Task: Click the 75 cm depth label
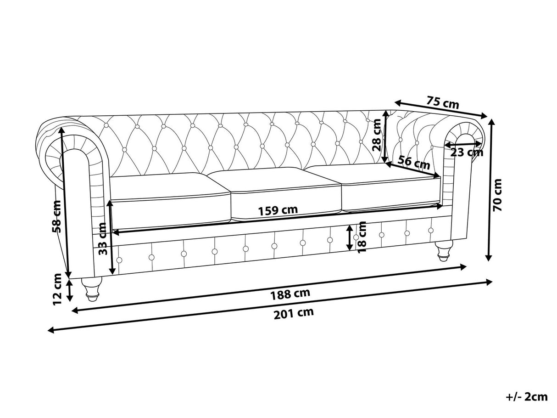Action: [x=442, y=102]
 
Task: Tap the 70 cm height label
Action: [x=497, y=195]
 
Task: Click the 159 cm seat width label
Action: [x=278, y=210]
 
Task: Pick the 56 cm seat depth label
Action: [x=413, y=162]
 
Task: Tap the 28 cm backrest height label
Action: [x=377, y=135]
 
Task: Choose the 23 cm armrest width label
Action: [x=467, y=152]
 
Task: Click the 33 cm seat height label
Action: [x=102, y=239]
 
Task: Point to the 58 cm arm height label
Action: [x=56, y=217]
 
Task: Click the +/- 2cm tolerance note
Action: [x=527, y=396]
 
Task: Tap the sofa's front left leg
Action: [x=90, y=288]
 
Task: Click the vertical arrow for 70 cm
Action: [x=490, y=189]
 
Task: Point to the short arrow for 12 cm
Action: [x=69, y=290]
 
